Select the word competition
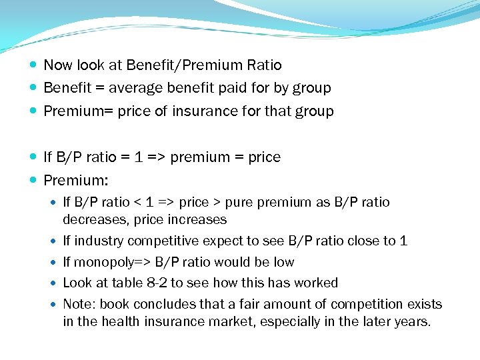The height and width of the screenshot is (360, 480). pos(349,304)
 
